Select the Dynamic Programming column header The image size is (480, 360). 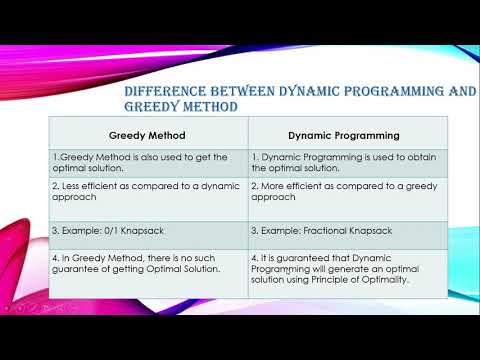pyautogui.click(x=345, y=134)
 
